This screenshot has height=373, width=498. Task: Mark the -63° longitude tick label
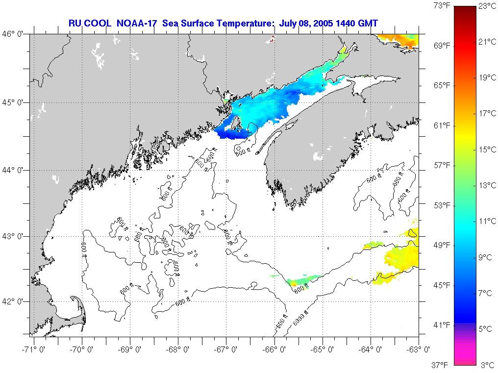click(x=420, y=349)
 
